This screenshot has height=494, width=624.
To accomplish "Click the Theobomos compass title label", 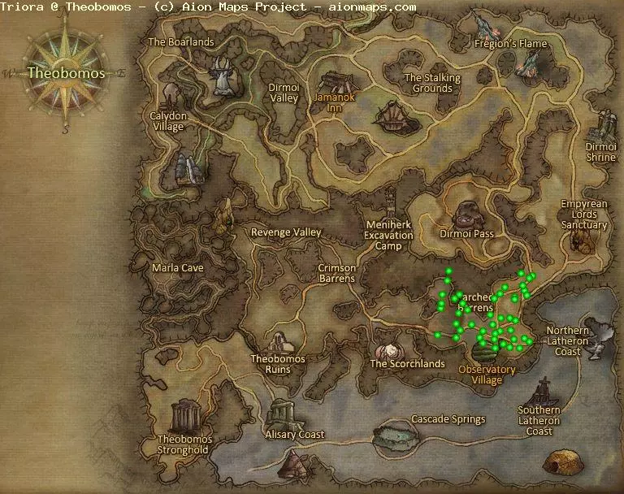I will click(66, 72).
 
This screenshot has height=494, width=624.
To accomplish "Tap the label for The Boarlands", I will click(180, 42).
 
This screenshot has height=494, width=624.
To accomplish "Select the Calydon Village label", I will click(167, 121).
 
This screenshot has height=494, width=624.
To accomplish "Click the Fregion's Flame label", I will click(511, 43).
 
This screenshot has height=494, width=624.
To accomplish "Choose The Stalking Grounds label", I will click(432, 83).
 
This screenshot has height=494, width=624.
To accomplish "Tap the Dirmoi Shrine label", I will click(601, 152).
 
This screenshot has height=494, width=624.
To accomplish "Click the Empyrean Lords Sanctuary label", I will click(583, 214).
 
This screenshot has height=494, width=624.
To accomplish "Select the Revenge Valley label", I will click(286, 232).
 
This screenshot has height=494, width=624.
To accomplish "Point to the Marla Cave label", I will click(178, 268).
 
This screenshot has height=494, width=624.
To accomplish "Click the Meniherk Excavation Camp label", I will click(388, 236).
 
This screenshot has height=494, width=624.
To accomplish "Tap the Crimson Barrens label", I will click(336, 273).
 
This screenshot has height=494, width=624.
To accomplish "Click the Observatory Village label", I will click(487, 375).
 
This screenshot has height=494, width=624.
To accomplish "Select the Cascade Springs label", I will click(448, 419).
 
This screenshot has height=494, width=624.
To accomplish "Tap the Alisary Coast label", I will click(295, 435).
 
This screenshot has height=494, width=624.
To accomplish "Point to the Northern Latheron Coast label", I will click(574, 340).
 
